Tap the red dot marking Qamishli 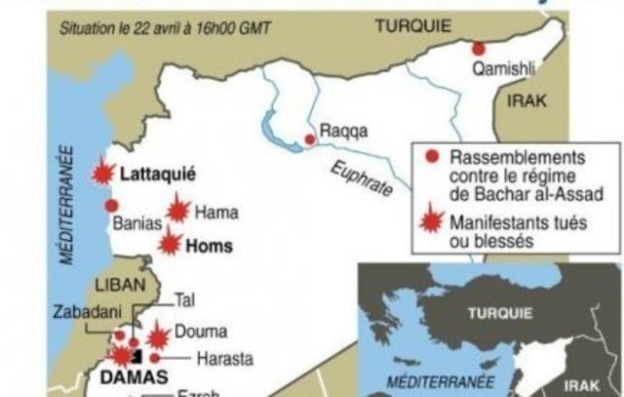(478, 49)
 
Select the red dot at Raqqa (309, 140)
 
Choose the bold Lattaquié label (158, 176)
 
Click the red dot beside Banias (111, 206)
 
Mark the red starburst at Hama (176, 210)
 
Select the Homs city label (210, 246)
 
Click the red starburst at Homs (172, 242)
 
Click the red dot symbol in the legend (428, 155)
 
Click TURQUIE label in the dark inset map (500, 313)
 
